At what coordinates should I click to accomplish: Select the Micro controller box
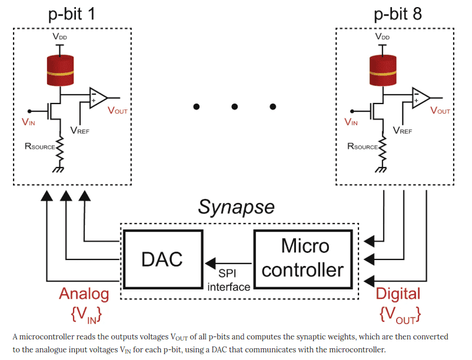[303, 258]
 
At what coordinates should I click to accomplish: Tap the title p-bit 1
[71, 14]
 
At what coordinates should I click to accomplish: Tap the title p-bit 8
[398, 14]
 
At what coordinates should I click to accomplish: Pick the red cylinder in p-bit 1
[59, 70]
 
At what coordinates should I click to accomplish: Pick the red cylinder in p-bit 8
[382, 70]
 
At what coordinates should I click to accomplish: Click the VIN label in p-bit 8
[351, 122]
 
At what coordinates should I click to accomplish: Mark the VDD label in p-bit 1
[59, 36]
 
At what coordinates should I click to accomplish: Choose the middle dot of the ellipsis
[234, 106]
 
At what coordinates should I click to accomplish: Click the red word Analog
[84, 294]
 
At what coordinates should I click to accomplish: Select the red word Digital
[398, 294]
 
